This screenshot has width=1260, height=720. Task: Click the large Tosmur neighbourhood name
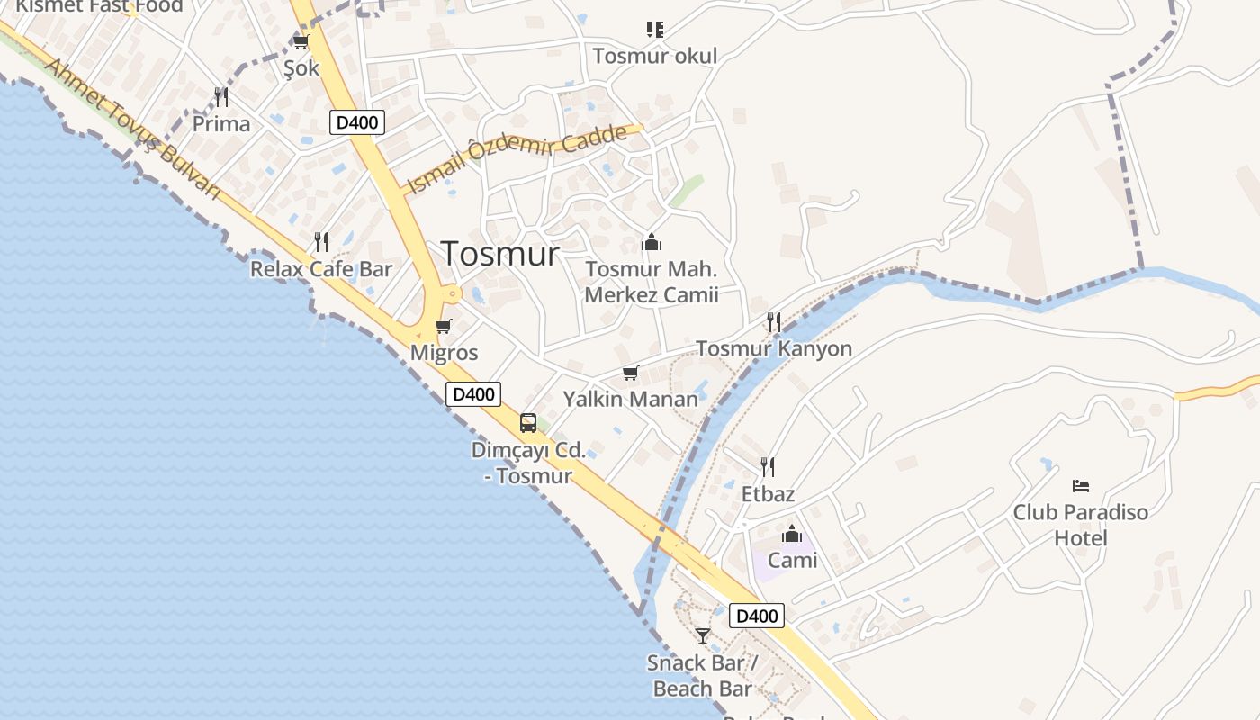click(x=500, y=254)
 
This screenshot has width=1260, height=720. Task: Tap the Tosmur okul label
click(x=655, y=56)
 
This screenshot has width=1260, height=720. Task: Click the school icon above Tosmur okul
click(x=655, y=30)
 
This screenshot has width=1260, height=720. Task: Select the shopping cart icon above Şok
click(x=301, y=42)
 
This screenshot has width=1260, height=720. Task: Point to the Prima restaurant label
click(x=221, y=123)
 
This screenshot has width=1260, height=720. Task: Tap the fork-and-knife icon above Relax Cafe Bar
click(x=321, y=241)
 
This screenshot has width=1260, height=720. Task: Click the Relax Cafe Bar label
click(x=321, y=268)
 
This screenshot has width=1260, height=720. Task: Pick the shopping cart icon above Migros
click(x=443, y=327)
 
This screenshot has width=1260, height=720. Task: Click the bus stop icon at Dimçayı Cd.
click(x=528, y=423)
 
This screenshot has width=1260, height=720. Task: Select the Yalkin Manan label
click(x=630, y=399)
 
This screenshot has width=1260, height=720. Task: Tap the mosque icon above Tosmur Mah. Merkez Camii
click(x=652, y=242)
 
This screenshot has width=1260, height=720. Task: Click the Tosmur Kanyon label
click(x=774, y=348)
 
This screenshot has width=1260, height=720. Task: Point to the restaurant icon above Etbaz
click(x=768, y=466)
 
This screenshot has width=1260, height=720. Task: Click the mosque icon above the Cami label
click(x=792, y=535)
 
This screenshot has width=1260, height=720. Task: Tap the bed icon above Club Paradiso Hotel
click(x=1081, y=486)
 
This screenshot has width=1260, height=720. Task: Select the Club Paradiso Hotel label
click(x=1081, y=525)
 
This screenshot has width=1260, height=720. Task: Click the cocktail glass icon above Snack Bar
click(x=703, y=636)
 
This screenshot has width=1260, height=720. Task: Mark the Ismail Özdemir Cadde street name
click(x=517, y=157)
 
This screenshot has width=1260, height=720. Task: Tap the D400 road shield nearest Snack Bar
click(x=756, y=616)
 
